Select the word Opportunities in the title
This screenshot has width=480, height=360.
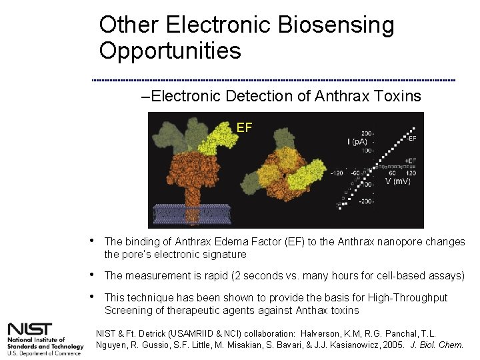tap(170, 51)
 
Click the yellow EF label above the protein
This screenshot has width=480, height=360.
tap(244, 127)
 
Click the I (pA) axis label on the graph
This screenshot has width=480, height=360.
tap(358, 141)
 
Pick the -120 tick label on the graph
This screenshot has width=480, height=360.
tap(338, 173)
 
